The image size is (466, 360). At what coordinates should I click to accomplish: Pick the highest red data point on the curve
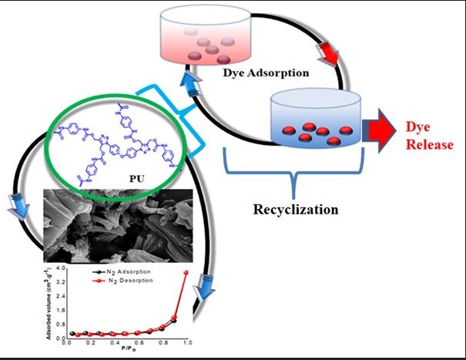(185, 273)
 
